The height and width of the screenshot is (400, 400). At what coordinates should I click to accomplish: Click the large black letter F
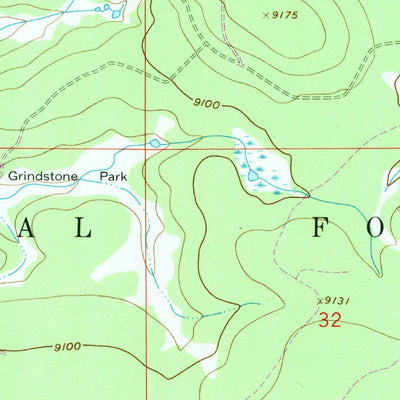click(319, 228)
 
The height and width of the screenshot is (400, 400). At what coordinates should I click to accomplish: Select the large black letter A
click(23, 229)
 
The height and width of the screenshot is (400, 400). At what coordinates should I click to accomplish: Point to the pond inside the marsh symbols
click(251, 176)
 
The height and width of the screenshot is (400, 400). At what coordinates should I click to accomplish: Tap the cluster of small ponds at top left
click(101, 8)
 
